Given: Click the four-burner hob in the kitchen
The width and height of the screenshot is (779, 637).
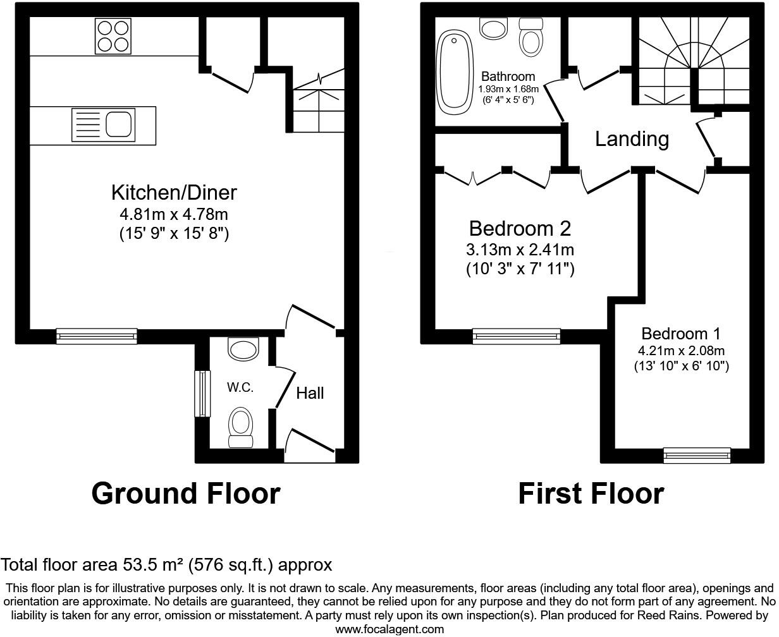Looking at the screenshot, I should tap(113, 36).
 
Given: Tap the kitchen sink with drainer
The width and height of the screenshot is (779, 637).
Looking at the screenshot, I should tap(104, 124).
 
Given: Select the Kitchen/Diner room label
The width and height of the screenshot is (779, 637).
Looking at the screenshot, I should tap(174, 192).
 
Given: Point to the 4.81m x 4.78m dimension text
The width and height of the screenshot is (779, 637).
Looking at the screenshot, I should tap(174, 214).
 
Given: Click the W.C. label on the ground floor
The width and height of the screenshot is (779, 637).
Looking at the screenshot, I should tap(240, 387).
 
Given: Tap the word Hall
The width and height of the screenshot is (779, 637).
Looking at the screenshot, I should tap(310, 393).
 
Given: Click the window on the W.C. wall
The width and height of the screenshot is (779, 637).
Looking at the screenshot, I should tap(202, 393).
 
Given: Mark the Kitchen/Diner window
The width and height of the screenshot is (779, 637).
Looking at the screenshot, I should tap(97, 336).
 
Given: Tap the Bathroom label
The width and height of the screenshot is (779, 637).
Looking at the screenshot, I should tap(508, 77).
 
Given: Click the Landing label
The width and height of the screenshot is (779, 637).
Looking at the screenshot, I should tap(632, 138).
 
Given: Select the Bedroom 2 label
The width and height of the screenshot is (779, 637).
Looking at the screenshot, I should tap(520, 227).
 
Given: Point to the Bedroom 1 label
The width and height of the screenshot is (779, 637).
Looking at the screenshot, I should tap(680, 334).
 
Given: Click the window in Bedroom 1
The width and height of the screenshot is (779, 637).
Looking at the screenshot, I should tap(697, 455).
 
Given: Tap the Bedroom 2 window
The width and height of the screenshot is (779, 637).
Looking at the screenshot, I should tap(516, 336).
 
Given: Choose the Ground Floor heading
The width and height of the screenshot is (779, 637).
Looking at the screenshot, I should tap(186, 494).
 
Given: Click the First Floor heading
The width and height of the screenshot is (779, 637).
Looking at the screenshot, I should tap(591, 494).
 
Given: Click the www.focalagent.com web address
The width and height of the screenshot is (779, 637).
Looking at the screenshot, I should tap(389, 629).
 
